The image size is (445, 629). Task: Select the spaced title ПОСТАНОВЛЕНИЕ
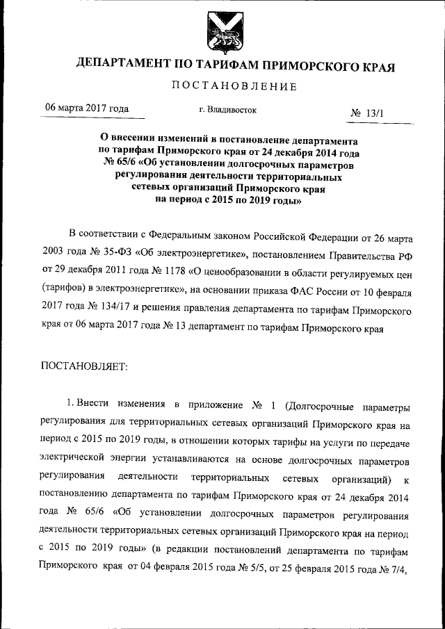tap(234, 87)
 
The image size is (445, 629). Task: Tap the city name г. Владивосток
tap(227, 110)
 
